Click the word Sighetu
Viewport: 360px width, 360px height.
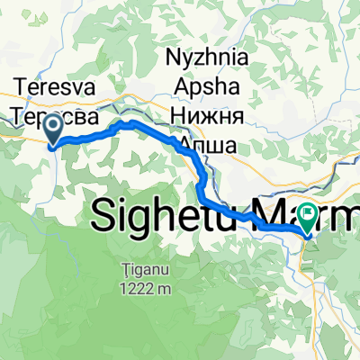click(x=166, y=215)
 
